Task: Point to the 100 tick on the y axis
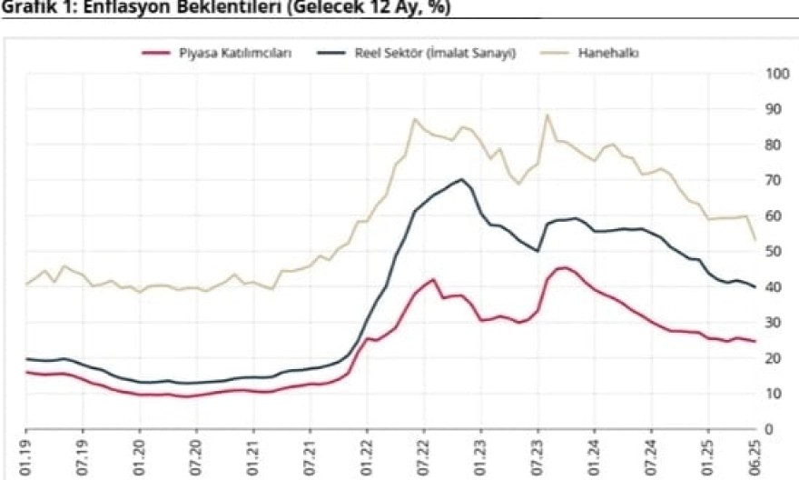click(x=776, y=73)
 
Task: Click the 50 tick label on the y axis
click(x=774, y=251)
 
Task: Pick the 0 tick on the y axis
click(x=770, y=429)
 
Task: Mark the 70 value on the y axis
click(x=774, y=180)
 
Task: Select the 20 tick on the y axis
click(x=774, y=358)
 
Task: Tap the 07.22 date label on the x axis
click(x=423, y=456)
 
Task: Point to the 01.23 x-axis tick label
click(x=480, y=456)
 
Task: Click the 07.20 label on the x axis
click(x=196, y=456)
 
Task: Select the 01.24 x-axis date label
click(x=594, y=456)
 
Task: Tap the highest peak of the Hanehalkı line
click(x=547, y=115)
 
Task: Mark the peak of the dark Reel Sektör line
click(x=462, y=179)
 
